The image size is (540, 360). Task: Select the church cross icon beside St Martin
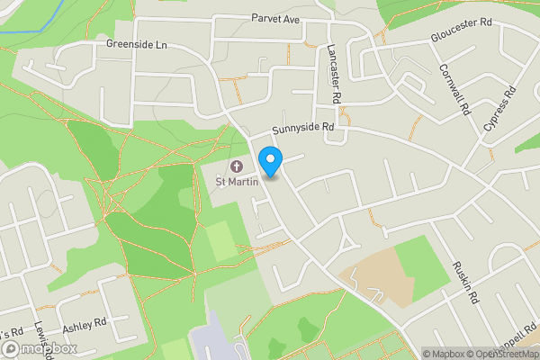pos(238,166)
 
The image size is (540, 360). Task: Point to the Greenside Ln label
pos(137,43)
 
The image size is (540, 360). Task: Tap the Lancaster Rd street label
pos(335,72)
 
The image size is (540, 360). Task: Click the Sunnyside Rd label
pos(304,129)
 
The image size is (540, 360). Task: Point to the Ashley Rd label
pos(85,321)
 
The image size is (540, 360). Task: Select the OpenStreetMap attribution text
pos(501,354)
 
